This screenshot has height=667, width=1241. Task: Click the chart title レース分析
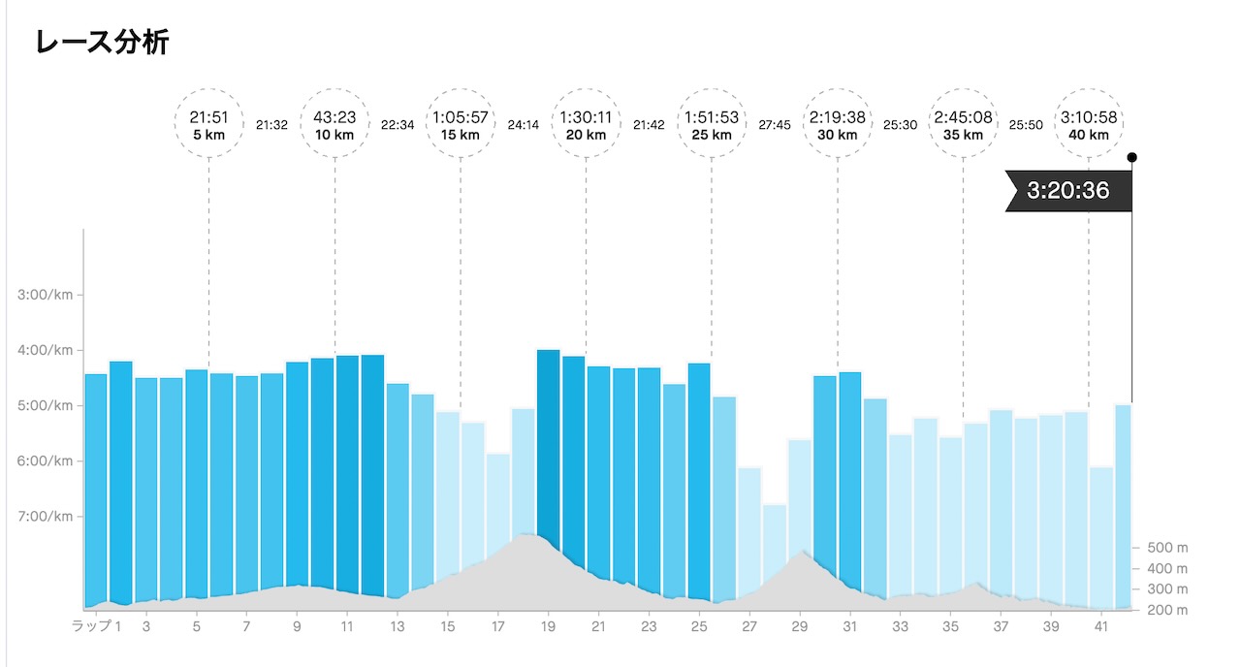(x=102, y=42)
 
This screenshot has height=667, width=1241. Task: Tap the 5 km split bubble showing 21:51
(x=208, y=125)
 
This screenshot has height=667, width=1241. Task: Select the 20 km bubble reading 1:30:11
(x=586, y=125)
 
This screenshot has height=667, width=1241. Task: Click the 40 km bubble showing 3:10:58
(x=1088, y=125)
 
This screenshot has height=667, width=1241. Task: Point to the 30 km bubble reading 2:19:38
(x=837, y=125)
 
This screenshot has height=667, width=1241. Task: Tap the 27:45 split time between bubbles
(x=774, y=124)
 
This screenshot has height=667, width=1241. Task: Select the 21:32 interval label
(x=271, y=124)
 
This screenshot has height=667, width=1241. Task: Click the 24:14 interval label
(x=523, y=124)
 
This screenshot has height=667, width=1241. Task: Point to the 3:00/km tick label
(x=45, y=295)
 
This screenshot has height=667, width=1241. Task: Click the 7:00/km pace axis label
(x=45, y=516)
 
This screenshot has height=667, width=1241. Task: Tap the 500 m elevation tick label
(x=1167, y=548)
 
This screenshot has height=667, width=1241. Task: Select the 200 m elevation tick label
(x=1167, y=610)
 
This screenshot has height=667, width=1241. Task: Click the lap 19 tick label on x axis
(x=549, y=627)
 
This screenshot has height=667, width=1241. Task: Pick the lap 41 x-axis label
(x=1100, y=627)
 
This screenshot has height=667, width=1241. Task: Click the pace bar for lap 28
(x=775, y=553)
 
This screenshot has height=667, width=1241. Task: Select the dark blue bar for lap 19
(x=549, y=456)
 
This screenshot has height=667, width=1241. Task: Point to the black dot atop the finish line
(x=1131, y=157)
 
